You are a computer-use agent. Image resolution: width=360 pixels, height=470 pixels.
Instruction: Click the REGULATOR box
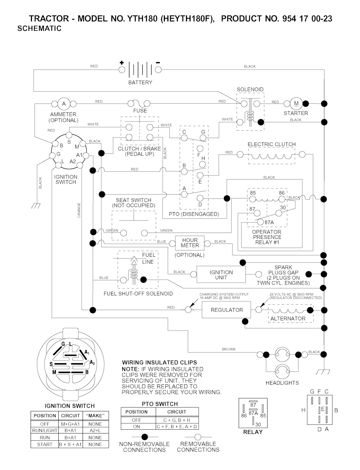coord(227,310)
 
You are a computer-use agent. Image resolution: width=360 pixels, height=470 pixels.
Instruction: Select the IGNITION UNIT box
coord(221,275)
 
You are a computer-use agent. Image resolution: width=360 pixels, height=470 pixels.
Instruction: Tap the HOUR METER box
coord(190,243)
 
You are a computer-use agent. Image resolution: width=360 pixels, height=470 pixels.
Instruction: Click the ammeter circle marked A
coord(64,104)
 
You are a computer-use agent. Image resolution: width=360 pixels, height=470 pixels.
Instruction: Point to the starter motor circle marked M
coord(296,104)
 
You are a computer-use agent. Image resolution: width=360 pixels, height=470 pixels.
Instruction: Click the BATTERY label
coord(140,83)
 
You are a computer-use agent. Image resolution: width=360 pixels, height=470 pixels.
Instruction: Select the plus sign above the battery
coord(122,63)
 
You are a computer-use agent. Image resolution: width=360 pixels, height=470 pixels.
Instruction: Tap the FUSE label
coord(140,111)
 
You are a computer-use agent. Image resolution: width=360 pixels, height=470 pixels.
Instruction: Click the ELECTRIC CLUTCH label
coord(271,144)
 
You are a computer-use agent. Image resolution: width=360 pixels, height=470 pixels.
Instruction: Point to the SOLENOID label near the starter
coord(250,90)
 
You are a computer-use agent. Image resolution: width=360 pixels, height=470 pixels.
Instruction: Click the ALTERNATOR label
coord(288,319)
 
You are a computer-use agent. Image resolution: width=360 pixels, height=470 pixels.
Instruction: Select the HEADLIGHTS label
coord(282,383)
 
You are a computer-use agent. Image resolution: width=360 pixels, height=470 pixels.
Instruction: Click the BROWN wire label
coord(229,350)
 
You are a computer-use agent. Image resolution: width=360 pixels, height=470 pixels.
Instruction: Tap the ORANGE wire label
coord(79,210)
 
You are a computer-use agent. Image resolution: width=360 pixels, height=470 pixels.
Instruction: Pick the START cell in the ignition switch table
coord(45,444)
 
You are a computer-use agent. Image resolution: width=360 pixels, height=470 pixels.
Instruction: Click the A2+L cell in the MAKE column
coord(95,431)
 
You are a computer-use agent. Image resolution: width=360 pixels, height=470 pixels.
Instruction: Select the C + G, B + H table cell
coord(177,420)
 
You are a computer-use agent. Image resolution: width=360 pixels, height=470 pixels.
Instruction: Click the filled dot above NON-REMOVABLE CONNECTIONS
coord(144,437)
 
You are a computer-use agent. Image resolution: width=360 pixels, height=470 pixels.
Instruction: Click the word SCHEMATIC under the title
coord(39,29)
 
